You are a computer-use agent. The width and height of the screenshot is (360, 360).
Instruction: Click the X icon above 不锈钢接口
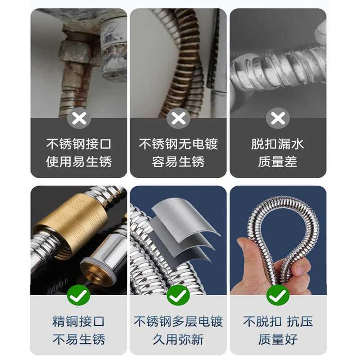point(79,118)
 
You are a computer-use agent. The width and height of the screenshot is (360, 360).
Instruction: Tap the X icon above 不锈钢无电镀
point(179,118)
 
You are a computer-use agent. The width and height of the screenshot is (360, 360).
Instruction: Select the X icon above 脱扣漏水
point(278,118)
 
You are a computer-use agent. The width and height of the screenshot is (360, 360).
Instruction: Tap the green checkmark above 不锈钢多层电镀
point(178,295)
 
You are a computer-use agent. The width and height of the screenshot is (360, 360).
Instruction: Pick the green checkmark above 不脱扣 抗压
point(278,295)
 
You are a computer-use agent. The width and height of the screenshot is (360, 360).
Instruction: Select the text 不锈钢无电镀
point(178,144)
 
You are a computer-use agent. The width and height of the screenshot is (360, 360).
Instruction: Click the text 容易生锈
point(178,162)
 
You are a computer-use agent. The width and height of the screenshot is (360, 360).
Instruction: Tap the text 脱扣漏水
point(278,144)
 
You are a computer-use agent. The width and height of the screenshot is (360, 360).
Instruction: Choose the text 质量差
point(278,162)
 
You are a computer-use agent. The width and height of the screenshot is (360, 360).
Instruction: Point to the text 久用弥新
point(178,339)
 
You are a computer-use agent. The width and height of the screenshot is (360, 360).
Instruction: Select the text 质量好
point(278,339)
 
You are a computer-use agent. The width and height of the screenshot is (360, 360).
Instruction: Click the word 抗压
point(299,321)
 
